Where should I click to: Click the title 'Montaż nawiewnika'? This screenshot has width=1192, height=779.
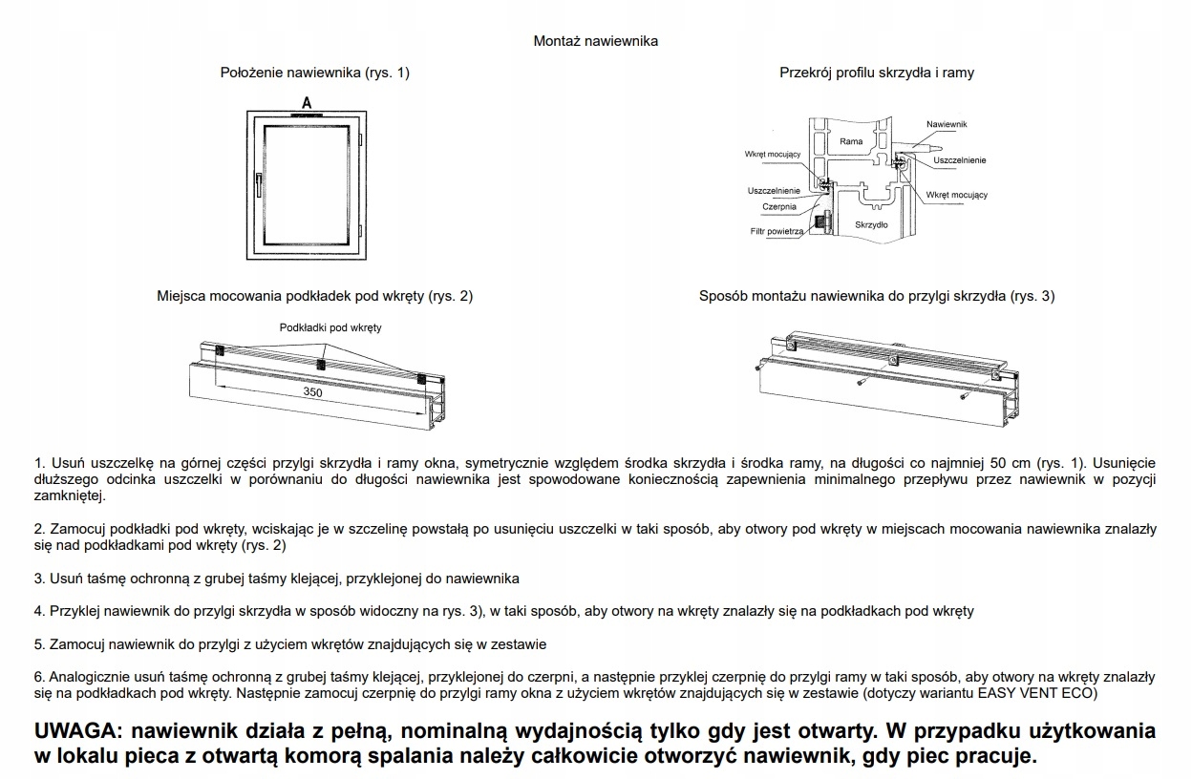(595, 41)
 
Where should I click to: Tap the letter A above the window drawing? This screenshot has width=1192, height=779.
(307, 101)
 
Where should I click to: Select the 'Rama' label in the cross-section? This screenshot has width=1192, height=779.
(850, 141)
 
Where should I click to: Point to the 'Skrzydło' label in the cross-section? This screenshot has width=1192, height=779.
(871, 225)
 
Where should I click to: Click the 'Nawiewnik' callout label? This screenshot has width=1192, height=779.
(947, 125)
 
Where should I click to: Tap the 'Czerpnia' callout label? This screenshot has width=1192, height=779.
(779, 206)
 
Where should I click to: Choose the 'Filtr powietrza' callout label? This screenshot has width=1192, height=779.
(777, 231)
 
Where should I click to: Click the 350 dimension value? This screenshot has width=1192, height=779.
(312, 392)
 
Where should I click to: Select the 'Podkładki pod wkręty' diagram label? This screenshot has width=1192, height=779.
(330, 327)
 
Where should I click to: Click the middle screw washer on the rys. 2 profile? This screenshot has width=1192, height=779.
(322, 364)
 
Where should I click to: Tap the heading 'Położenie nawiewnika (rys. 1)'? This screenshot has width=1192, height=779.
(314, 73)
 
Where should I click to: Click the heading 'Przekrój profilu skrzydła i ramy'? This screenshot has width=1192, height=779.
(876, 73)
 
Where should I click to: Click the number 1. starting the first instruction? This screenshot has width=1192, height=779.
(39, 462)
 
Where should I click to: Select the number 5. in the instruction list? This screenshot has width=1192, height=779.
(39, 644)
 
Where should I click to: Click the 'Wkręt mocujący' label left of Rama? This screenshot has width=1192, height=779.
(773, 154)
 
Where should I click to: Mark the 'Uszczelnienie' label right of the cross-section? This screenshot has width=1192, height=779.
(960, 160)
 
